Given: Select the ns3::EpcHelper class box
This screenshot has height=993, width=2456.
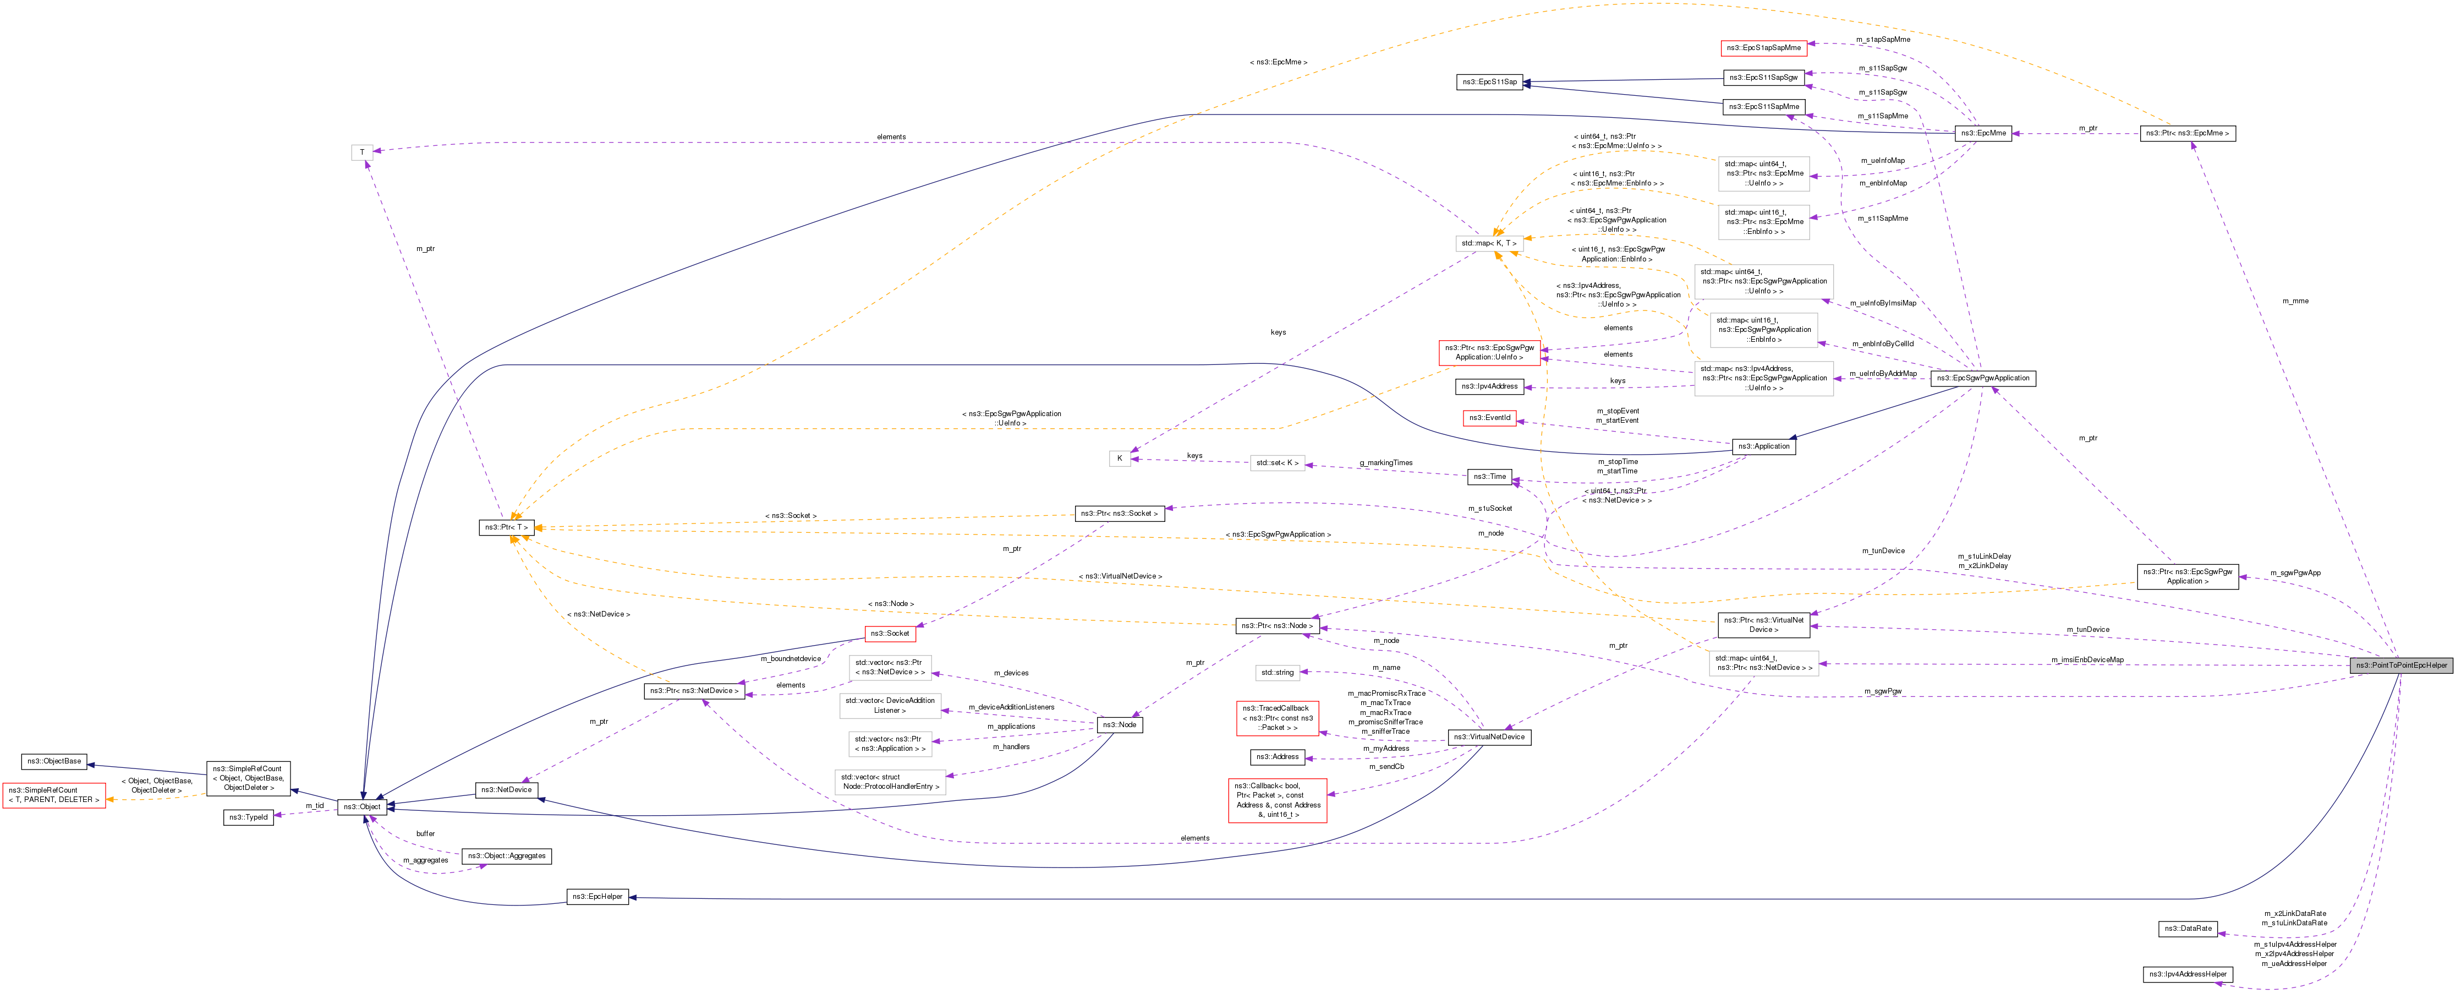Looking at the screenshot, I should (598, 897).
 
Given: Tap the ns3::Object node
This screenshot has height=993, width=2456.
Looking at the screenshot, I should (361, 807).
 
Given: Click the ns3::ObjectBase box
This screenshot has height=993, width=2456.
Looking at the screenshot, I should (54, 761).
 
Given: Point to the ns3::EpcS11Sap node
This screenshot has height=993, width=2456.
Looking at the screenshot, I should (1489, 82).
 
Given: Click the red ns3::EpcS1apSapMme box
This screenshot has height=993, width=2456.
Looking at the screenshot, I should (1764, 48).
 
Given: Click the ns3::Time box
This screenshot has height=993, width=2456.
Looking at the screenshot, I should (1489, 476).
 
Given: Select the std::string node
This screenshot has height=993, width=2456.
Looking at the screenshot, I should (1278, 673).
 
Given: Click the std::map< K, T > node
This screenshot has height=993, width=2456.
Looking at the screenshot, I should (1488, 243).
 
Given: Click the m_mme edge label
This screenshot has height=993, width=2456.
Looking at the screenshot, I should (2295, 302).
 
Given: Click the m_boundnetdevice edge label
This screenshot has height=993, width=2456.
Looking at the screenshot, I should (791, 659).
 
